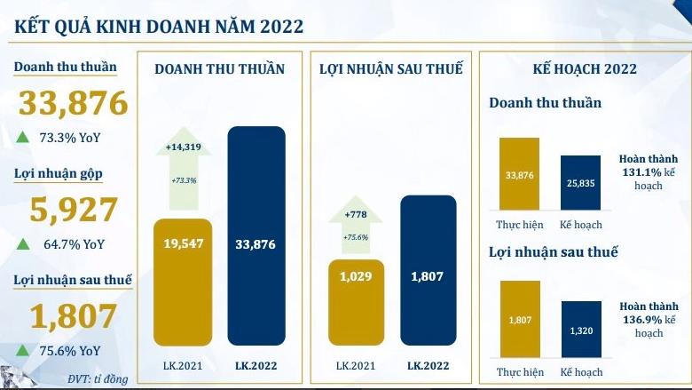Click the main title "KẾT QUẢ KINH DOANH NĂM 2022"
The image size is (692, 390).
[159, 26]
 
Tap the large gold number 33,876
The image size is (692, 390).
[74, 105]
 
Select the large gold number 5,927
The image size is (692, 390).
[74, 210]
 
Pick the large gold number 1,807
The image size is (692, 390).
[73, 316]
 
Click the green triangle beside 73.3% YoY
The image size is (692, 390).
[22, 137]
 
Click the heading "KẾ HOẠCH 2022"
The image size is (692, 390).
[584, 68]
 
